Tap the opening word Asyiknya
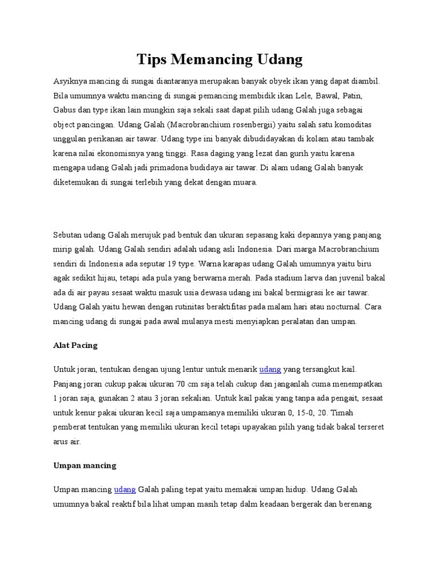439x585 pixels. pyautogui.click(x=70, y=81)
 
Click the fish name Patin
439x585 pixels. pyautogui.click(x=353, y=95)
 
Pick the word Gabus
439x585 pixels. pyautogui.click(x=65, y=110)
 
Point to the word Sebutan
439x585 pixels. pyautogui.click(x=68, y=235)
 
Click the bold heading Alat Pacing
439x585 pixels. pyautogui.click(x=75, y=345)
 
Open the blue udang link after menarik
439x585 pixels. pyautogui.click(x=270, y=369)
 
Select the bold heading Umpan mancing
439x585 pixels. pyautogui.click(x=85, y=465)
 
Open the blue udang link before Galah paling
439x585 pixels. pyautogui.click(x=125, y=490)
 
